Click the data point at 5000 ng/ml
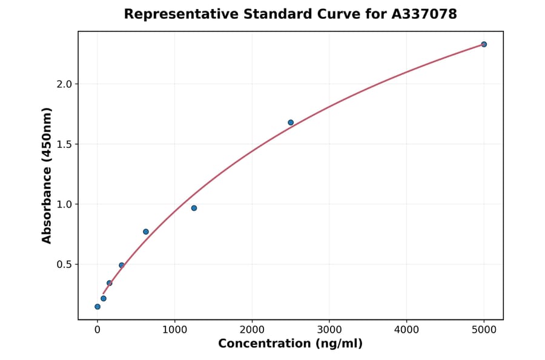tap(484, 44)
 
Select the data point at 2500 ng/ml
tap(291, 122)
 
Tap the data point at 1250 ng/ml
tap(194, 208)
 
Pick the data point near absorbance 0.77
tap(146, 232)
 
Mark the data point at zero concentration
tap(97, 307)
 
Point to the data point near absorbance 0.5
tap(122, 265)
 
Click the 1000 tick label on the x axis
tap(174, 330)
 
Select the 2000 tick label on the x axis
tap(252, 330)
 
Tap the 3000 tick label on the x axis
tap(329, 330)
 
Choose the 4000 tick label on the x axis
tap(406, 330)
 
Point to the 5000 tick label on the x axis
tap(484, 330)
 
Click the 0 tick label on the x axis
tap(97, 330)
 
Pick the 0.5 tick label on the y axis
tap(64, 265)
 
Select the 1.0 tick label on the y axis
tap(64, 204)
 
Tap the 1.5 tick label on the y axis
tap(64, 144)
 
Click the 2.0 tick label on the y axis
tap(64, 84)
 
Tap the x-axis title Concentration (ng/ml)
tap(290, 344)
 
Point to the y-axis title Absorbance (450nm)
tap(47, 175)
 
